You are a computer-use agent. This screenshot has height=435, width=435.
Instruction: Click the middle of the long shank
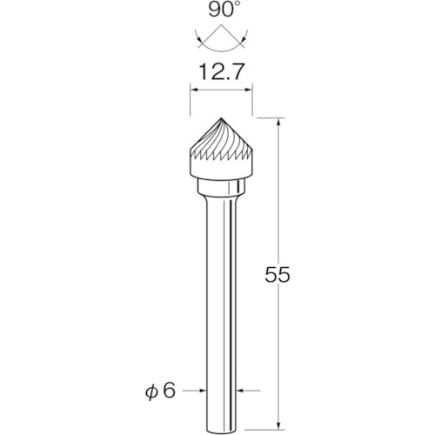point(220,296)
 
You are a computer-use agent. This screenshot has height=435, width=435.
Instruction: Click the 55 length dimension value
point(276,274)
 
